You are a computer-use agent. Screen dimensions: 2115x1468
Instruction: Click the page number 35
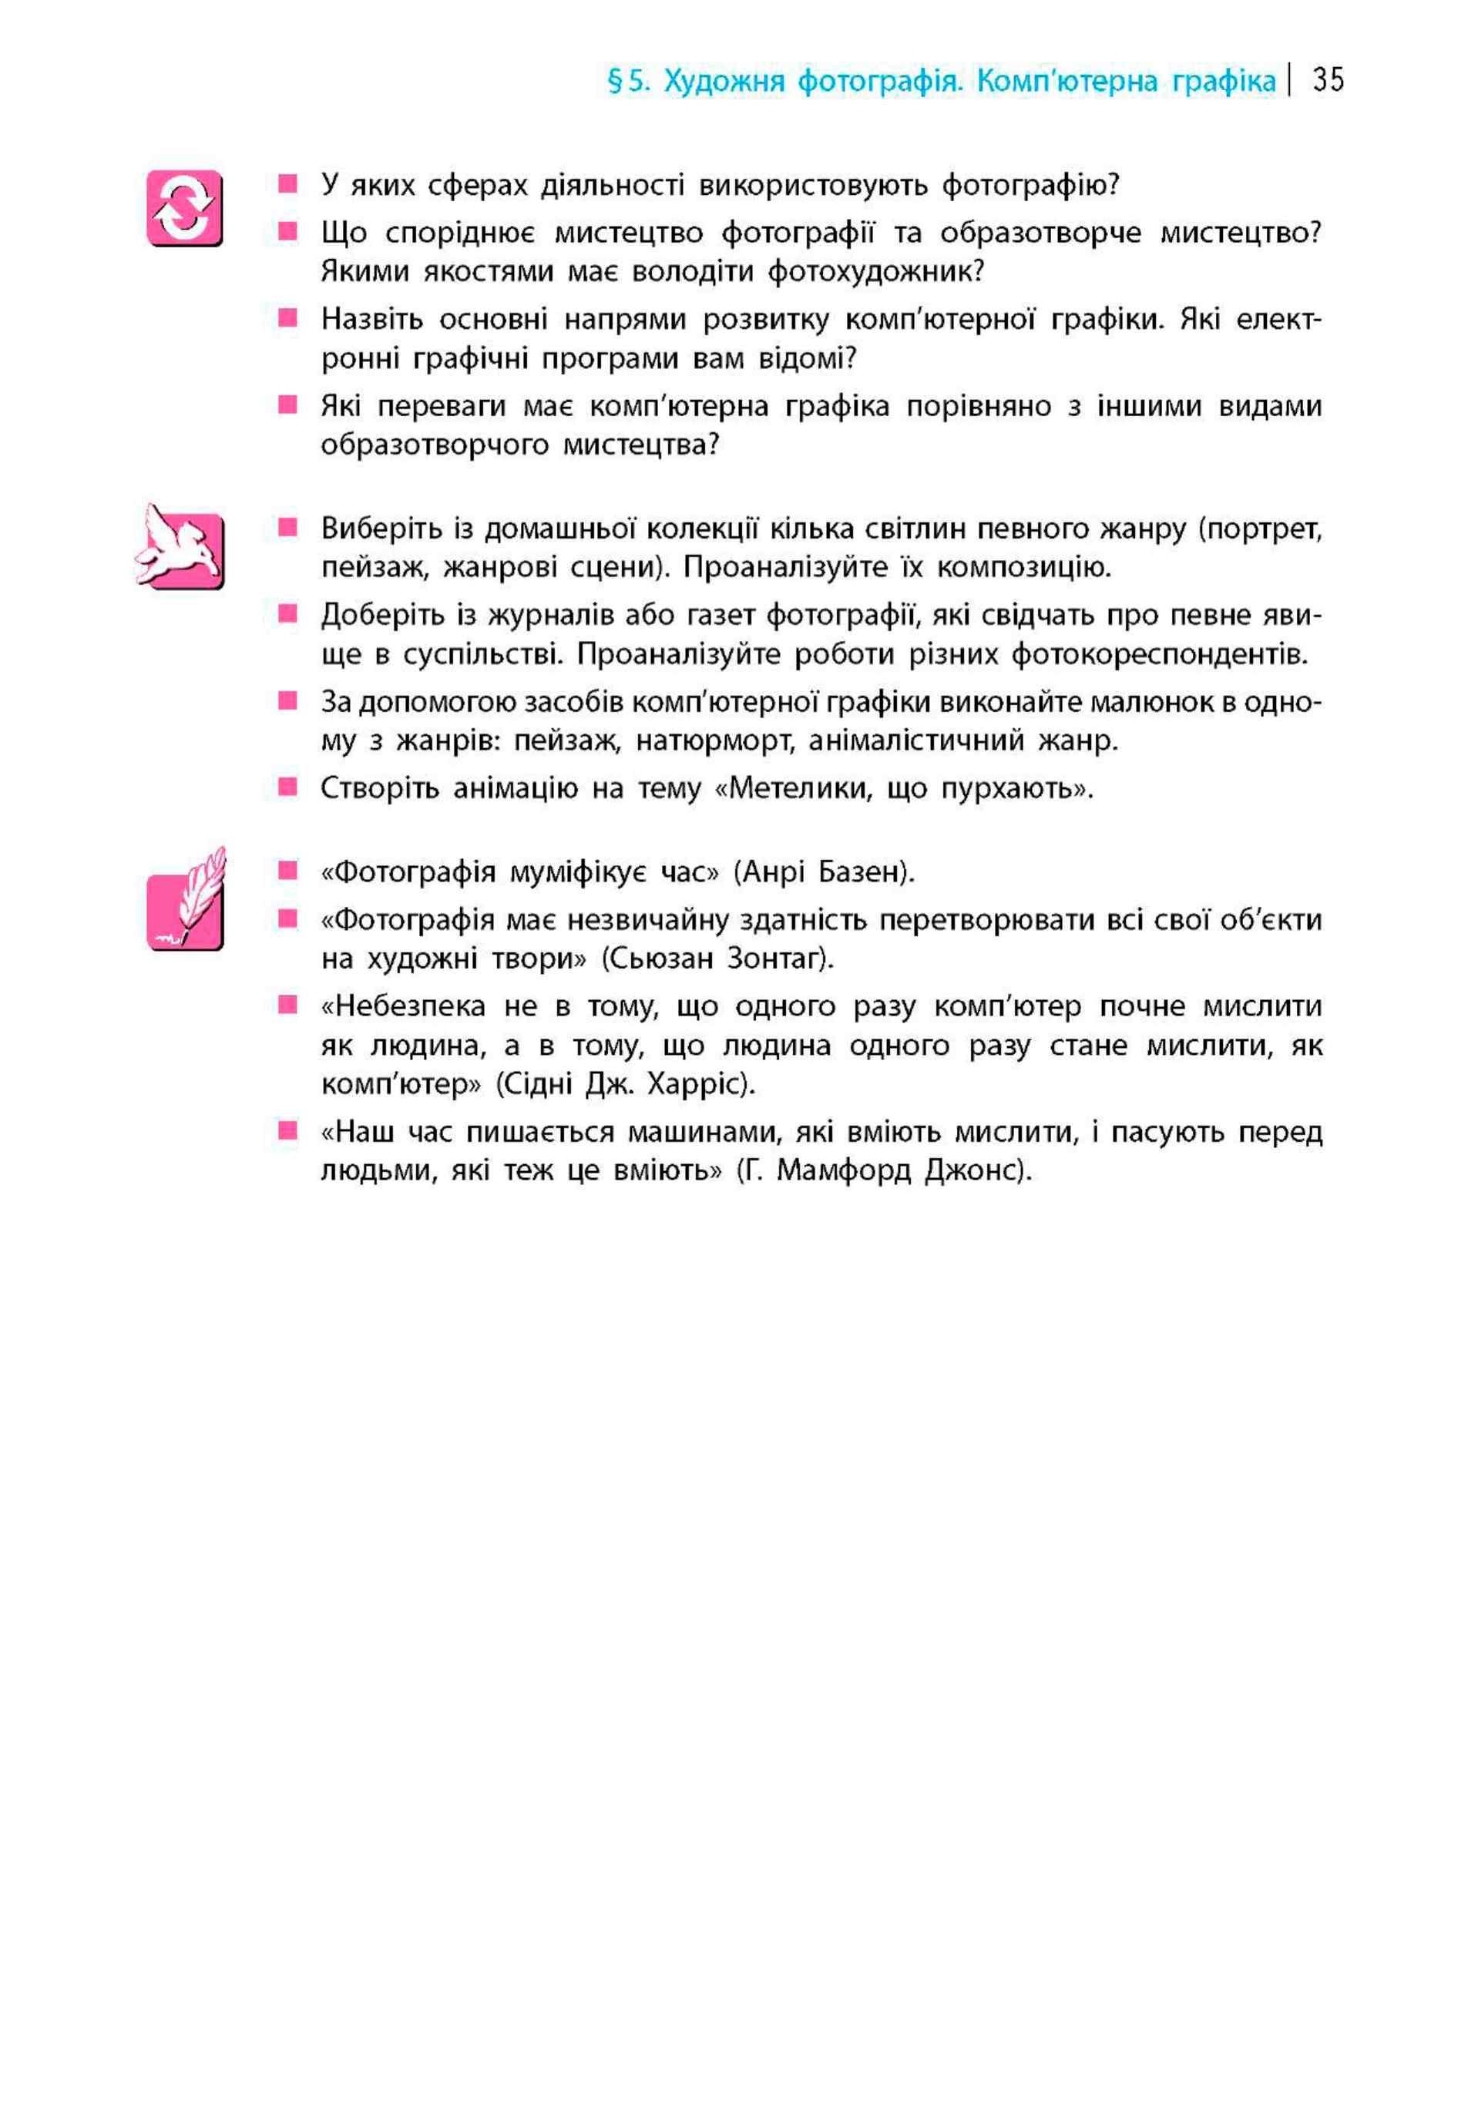pos(1329,81)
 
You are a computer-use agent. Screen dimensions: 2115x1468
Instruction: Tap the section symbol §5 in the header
pos(629,82)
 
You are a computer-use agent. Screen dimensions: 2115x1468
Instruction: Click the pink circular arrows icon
pos(184,208)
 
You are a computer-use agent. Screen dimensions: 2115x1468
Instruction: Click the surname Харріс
pos(700,1085)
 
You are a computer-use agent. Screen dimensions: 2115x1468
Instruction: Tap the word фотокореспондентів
pos(1158,655)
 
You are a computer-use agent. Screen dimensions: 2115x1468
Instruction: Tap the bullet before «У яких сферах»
pos(288,184)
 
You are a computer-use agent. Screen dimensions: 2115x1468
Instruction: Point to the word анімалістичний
pos(916,740)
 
